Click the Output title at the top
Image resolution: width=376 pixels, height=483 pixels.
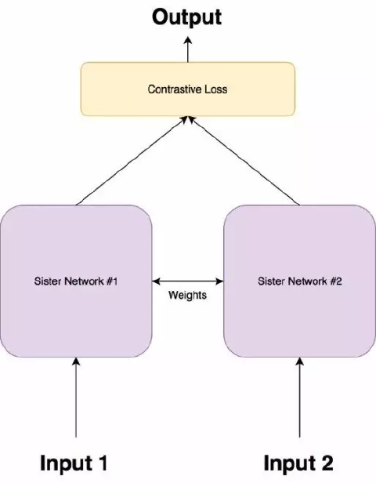187,16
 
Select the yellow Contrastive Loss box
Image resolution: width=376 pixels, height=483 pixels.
187,89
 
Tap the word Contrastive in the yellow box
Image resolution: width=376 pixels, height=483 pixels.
172,89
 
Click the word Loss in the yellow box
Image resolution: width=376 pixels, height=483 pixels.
216,89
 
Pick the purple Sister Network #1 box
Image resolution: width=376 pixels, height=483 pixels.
76,280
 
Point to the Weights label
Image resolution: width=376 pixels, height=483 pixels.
188,296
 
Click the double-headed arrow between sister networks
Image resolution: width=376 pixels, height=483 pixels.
188,281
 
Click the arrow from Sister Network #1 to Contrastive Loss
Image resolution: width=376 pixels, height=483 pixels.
132,160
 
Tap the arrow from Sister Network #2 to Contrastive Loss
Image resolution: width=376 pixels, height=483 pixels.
244,160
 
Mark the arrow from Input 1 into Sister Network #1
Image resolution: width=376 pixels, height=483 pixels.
76,396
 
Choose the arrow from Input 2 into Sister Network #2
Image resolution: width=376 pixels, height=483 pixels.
300,396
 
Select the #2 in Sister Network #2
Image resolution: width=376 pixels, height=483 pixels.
335,281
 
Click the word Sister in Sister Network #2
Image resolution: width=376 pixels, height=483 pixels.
270,281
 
